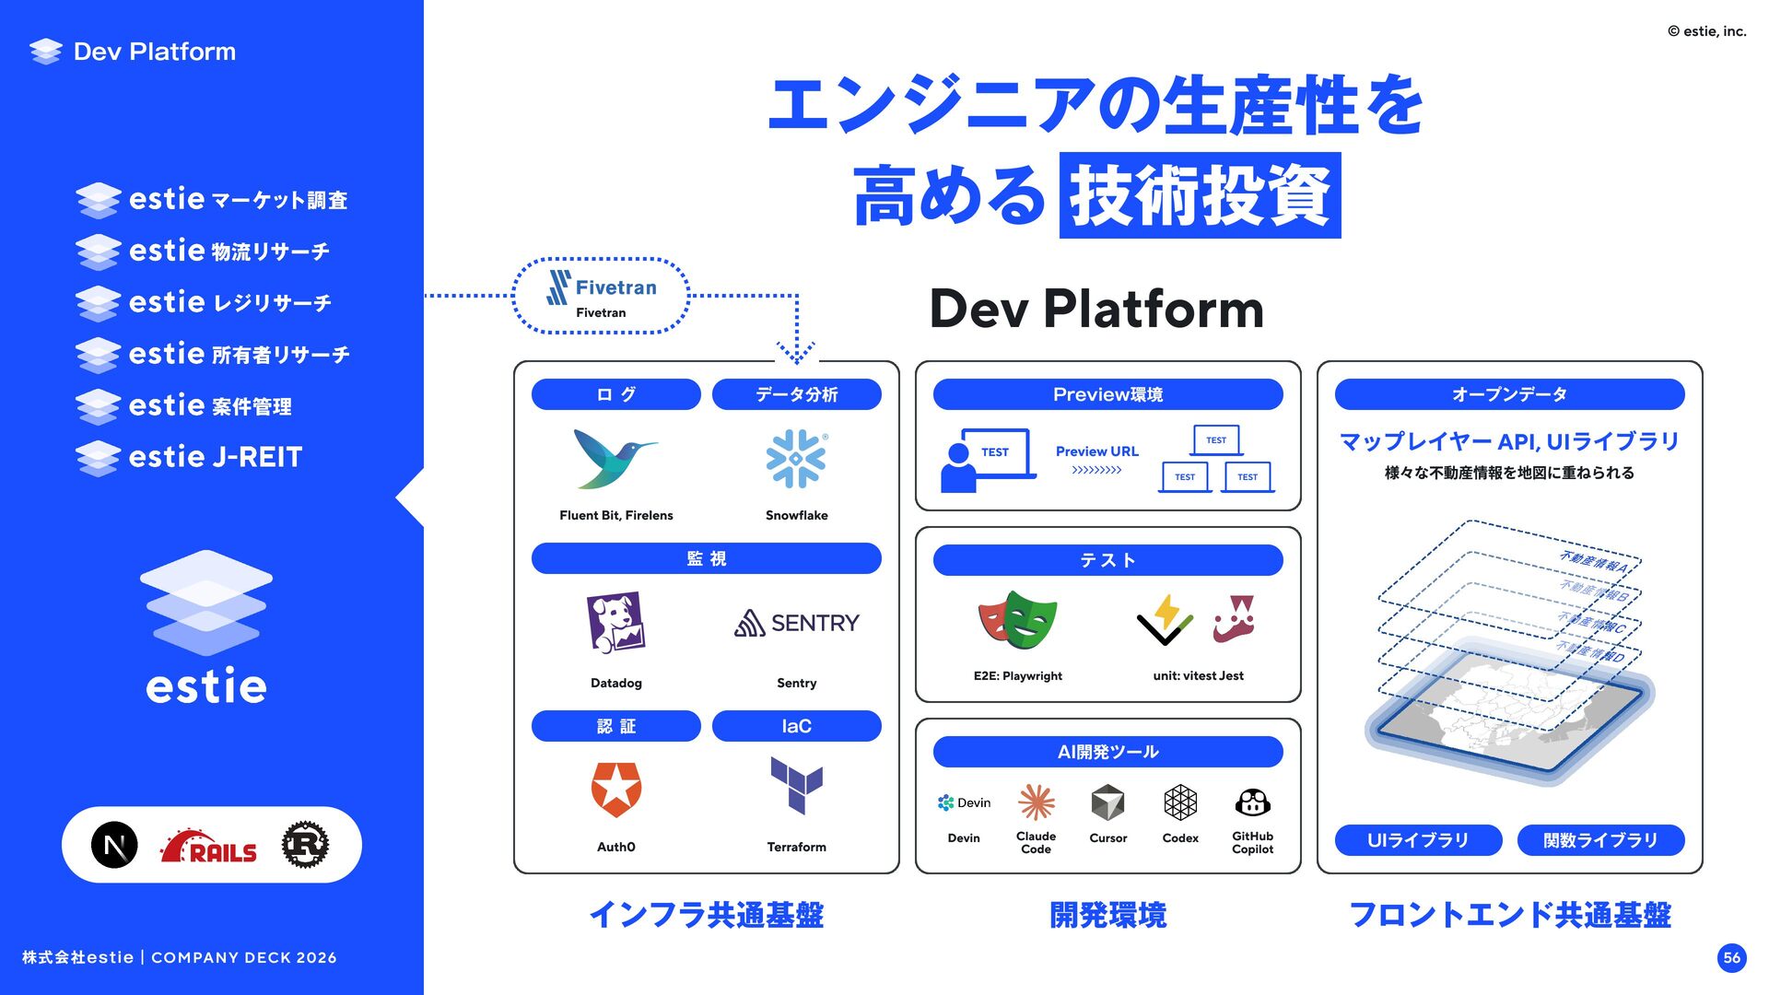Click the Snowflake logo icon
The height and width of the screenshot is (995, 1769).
pyautogui.click(x=797, y=459)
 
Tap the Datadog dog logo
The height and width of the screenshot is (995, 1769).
pyautogui.click(x=615, y=623)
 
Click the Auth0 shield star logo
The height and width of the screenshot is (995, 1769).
pyautogui.click(x=616, y=790)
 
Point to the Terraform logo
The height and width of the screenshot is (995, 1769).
pyautogui.click(x=797, y=786)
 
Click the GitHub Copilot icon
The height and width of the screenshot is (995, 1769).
pyautogui.click(x=1252, y=802)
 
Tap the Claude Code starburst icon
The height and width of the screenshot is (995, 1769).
pyautogui.click(x=1036, y=802)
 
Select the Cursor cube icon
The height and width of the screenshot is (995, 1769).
pyautogui.click(x=1107, y=802)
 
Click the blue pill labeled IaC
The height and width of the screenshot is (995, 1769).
pyautogui.click(x=797, y=726)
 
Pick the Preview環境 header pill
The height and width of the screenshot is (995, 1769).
pyautogui.click(x=1107, y=394)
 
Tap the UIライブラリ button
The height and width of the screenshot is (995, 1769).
pyautogui.click(x=1418, y=840)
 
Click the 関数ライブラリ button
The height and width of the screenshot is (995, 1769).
pyautogui.click(x=1600, y=840)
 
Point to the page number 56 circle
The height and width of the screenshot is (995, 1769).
pyautogui.click(x=1732, y=957)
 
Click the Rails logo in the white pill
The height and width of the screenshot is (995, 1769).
pyautogui.click(x=209, y=847)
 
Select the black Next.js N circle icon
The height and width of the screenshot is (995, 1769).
pyautogui.click(x=115, y=845)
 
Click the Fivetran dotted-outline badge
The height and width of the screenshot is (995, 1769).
pyautogui.click(x=601, y=296)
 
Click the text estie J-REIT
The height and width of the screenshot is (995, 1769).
pyautogui.click(x=216, y=457)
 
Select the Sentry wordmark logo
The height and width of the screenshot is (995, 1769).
pyautogui.click(x=797, y=624)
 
